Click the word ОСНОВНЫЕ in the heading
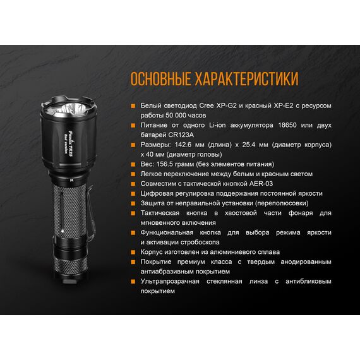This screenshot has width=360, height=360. [160, 78]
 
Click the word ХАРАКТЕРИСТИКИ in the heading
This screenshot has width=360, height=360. [246, 78]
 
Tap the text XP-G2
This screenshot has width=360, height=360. [227, 105]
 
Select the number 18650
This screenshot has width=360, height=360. [287, 125]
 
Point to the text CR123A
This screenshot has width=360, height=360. [181, 135]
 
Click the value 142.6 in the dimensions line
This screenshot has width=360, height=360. [183, 145]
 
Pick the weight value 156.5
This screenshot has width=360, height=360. [164, 164]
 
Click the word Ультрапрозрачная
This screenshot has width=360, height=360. [170, 282]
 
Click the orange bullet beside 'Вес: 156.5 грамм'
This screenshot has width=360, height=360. [133, 164]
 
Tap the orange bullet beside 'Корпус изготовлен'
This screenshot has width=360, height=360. [133, 252]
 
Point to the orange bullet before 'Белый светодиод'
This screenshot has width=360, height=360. [133, 106]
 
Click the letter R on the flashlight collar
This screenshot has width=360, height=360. [71, 180]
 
